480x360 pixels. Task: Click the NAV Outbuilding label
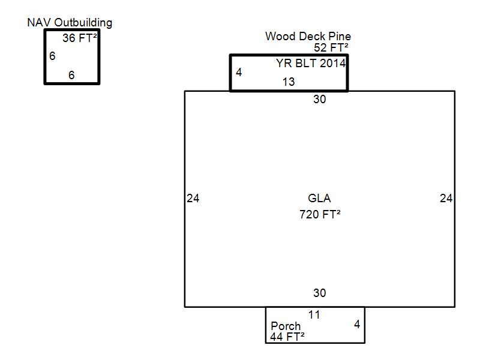pos(70,23)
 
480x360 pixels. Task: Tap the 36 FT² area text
pos(80,38)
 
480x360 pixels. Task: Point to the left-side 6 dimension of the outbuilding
pos(52,56)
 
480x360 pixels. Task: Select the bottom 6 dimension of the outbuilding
pos(71,75)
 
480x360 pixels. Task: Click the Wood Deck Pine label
pos(308,37)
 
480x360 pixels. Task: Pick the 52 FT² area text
pos(331,48)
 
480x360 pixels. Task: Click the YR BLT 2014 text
pos(311,64)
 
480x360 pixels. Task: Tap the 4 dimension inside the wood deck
pos(239,72)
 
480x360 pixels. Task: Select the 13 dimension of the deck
pos(289,82)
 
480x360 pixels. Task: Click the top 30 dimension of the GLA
pos(320,99)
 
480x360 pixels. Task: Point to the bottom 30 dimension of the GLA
pos(320,293)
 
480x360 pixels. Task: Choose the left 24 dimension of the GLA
pos(193,199)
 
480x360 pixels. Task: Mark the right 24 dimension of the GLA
pos(446,199)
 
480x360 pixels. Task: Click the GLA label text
pos(319,199)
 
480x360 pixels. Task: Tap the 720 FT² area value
pos(320,214)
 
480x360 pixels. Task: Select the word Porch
pos(286,326)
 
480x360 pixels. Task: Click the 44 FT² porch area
pos(287,337)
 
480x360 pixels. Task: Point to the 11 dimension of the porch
pos(314,314)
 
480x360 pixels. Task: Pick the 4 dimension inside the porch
pos(357,325)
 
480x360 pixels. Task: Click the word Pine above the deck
pos(340,37)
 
